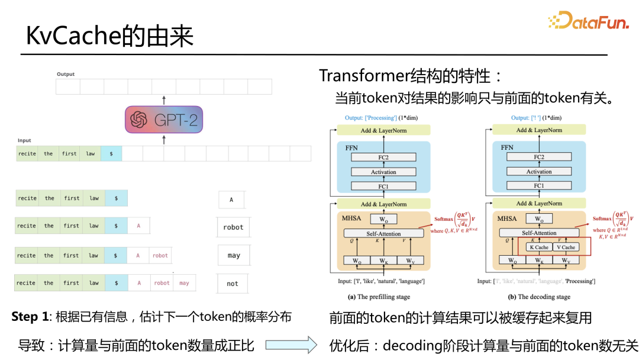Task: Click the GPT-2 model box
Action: (164, 120)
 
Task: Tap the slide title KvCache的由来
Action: (110, 37)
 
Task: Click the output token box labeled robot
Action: (233, 227)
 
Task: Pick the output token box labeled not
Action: (233, 284)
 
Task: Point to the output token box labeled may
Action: (233, 255)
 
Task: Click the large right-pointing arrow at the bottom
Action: (291, 345)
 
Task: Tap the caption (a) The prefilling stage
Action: (379, 297)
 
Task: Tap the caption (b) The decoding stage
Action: (536, 297)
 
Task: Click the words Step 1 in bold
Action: (30, 317)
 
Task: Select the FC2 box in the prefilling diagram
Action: (383, 157)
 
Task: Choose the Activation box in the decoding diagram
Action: (538, 172)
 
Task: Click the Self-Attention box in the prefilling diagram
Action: (383, 233)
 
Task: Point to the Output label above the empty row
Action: (66, 74)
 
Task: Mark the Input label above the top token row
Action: (24, 140)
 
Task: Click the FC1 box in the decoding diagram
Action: (538, 186)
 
